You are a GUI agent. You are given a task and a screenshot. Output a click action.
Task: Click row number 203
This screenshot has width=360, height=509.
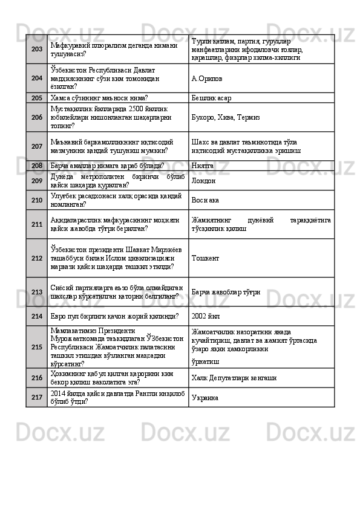[36, 49]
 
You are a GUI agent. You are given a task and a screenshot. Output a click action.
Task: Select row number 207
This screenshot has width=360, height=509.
[36, 146]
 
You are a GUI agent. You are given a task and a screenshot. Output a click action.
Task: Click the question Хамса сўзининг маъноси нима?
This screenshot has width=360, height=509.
[99, 97]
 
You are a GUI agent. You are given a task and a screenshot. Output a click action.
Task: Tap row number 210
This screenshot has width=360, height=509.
[36, 199]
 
